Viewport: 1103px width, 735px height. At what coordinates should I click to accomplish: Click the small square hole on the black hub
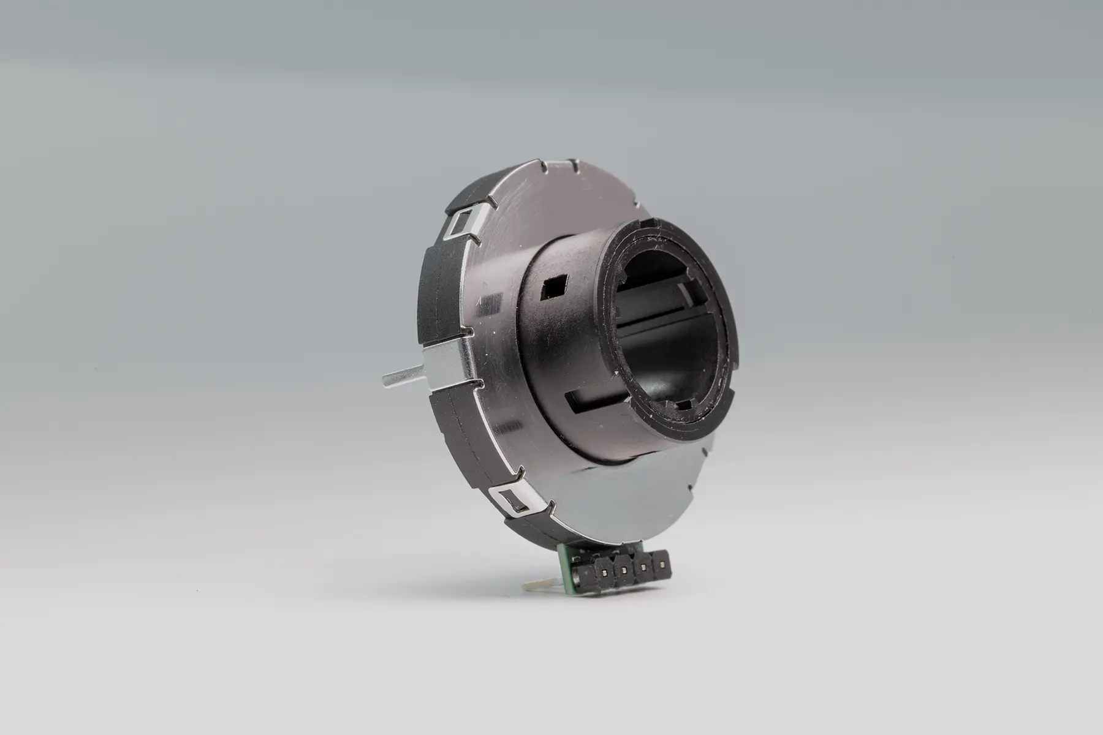point(553,285)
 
